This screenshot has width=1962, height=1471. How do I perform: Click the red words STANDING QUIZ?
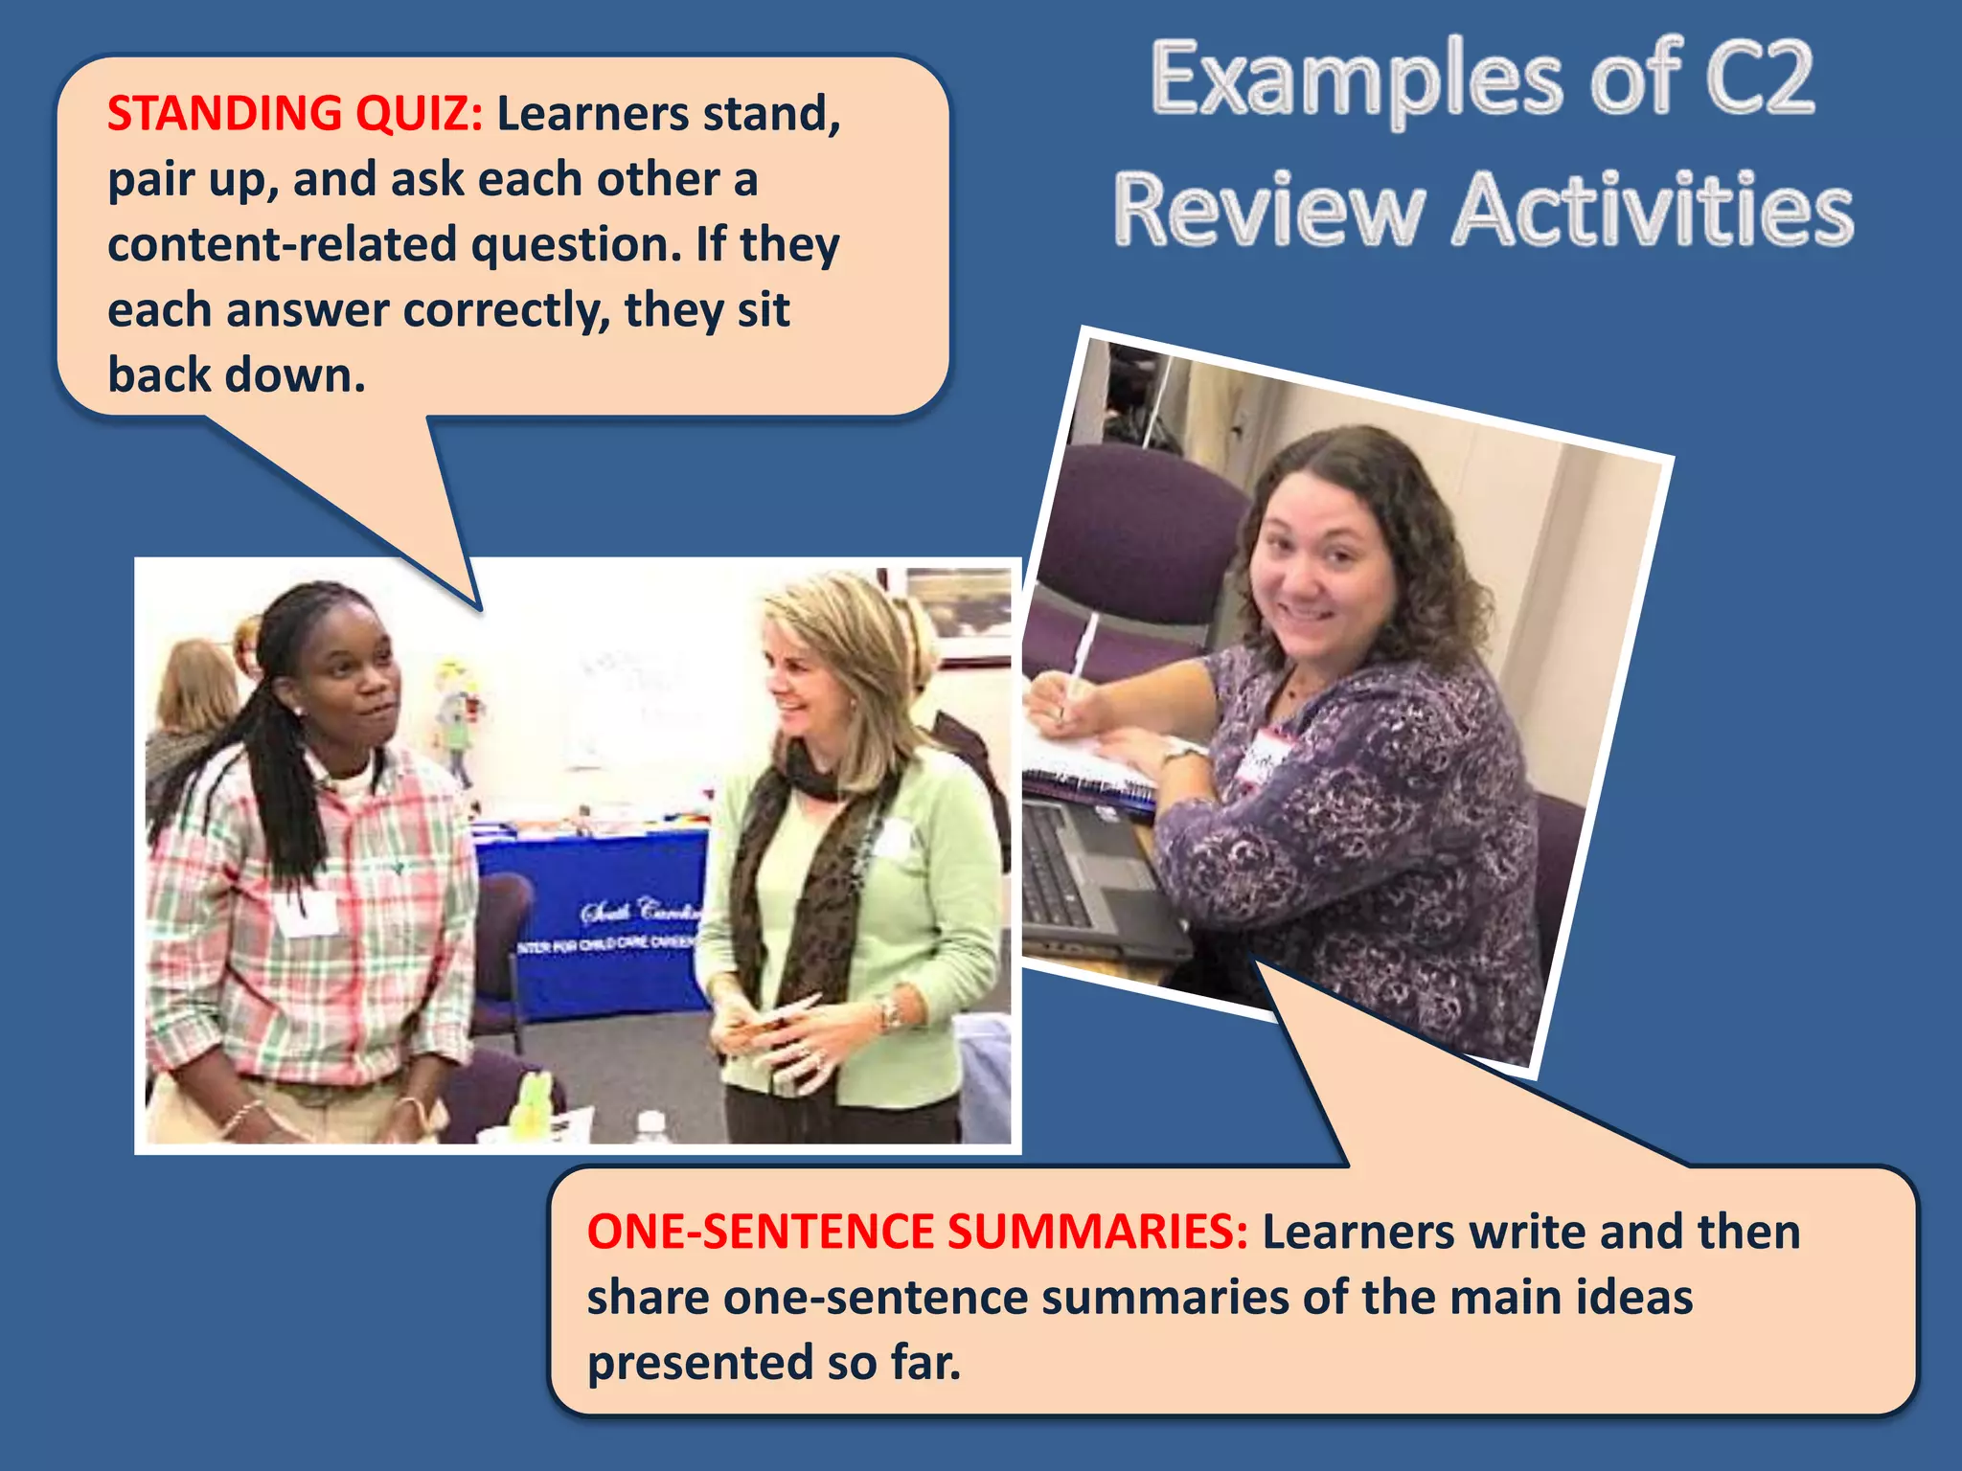pyautogui.click(x=295, y=113)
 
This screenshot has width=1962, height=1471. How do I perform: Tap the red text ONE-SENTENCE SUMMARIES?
pyautogui.click(x=917, y=1232)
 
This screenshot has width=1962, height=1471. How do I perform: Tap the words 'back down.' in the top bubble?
pyautogui.click(x=237, y=375)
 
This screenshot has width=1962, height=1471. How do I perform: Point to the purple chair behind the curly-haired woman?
pyautogui.click(x=1140, y=527)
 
